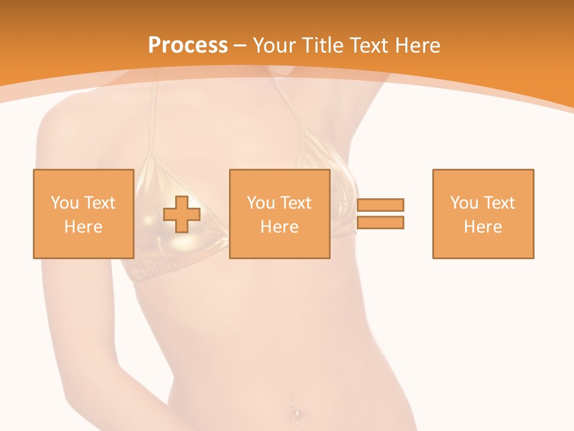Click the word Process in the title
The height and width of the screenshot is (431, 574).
click(x=188, y=45)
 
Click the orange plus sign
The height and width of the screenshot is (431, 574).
click(x=182, y=214)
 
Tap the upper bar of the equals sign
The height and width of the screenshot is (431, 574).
click(x=381, y=205)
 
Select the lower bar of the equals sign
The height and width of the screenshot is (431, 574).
click(x=381, y=223)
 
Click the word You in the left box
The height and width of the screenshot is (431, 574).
click(x=65, y=203)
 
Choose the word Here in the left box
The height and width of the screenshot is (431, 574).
click(x=83, y=227)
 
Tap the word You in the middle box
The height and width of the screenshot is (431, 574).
click(x=261, y=203)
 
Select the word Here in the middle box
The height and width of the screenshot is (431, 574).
click(x=280, y=227)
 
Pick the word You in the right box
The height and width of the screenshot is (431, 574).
click(x=464, y=203)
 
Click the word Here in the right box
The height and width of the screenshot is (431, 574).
click(x=483, y=227)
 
